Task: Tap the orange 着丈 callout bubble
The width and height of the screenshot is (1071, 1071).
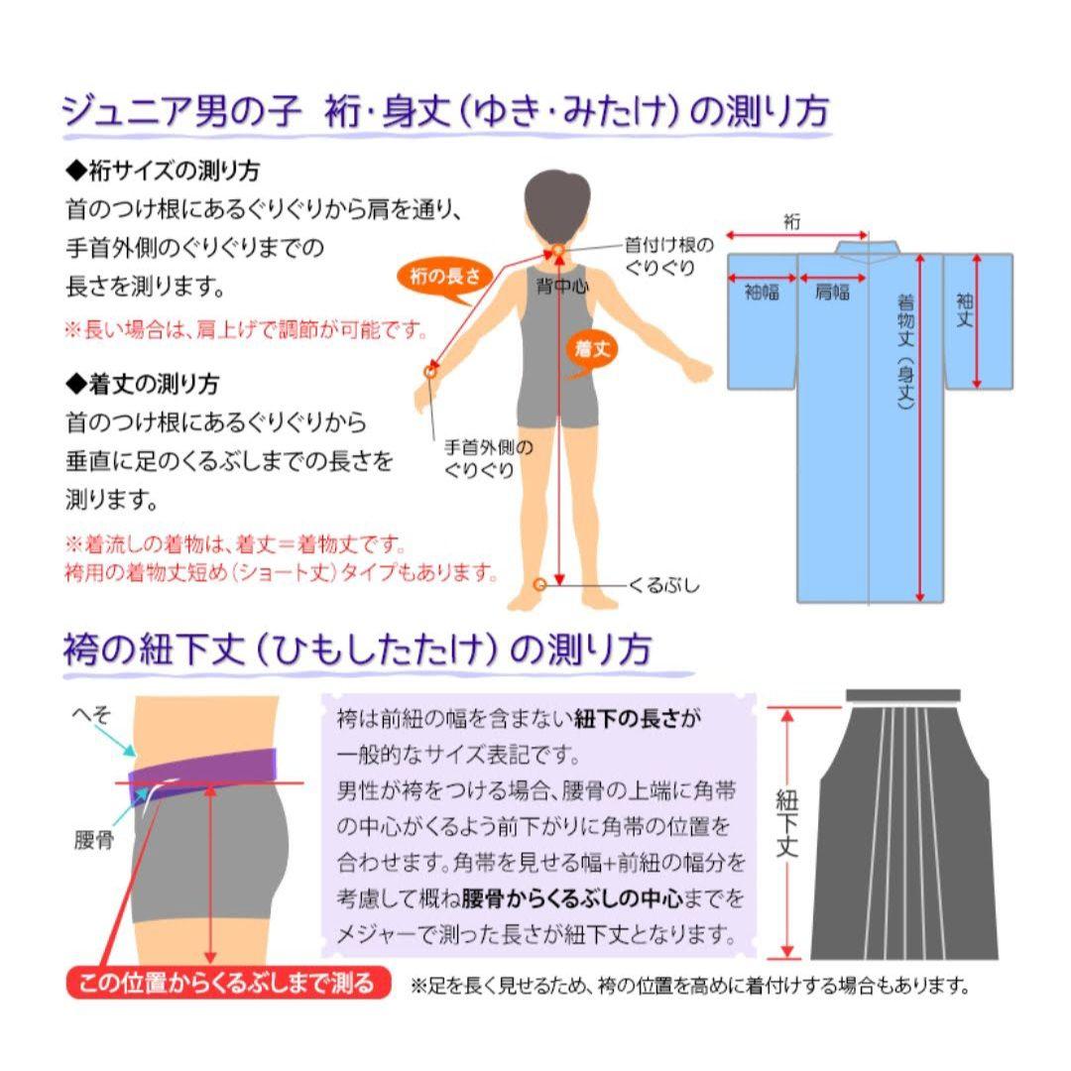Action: [593, 346]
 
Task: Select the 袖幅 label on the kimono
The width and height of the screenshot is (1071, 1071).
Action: [762, 293]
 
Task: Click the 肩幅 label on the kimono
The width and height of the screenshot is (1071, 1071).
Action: [832, 293]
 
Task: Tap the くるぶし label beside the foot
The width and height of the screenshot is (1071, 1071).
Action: [663, 585]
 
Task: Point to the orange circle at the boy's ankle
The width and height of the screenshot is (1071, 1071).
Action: [539, 584]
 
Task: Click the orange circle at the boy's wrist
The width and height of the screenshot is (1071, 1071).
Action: [430, 371]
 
